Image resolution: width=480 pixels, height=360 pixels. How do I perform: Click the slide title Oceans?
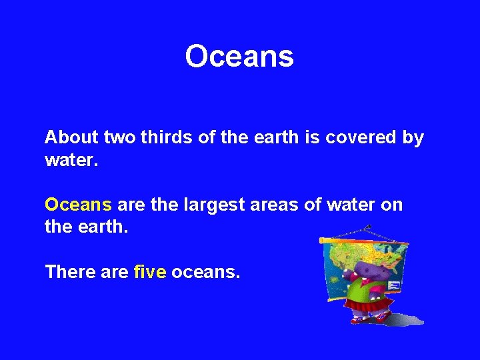point(239,57)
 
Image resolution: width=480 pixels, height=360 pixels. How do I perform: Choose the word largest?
point(217,204)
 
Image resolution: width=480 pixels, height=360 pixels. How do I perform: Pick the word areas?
point(275,204)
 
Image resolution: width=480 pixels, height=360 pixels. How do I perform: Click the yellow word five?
point(149,271)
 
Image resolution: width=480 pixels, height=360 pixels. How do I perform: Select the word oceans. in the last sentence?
point(205,271)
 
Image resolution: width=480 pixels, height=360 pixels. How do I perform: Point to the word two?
point(121,137)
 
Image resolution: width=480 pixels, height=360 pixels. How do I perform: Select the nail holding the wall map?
point(367,227)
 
